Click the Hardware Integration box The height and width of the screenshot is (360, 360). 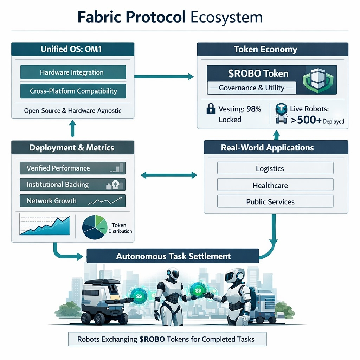pos(73,72)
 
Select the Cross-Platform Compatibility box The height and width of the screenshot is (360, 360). pos(73,91)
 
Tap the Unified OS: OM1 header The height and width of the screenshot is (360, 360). pos(73,49)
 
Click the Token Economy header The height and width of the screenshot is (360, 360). pos(272,50)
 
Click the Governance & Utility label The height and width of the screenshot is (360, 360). pos(251,88)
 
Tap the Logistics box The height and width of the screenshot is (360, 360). pos(275,168)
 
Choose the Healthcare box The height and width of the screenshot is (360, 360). pos(275,185)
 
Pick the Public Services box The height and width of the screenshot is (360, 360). pos(275,201)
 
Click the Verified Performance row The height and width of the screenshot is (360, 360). pos(72,168)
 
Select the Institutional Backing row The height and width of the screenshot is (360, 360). pos(72,185)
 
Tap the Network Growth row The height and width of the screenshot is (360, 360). pos(72,201)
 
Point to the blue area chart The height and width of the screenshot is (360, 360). pos(45,225)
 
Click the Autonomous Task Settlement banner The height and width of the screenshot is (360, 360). pos(173,256)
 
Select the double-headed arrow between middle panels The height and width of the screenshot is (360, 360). pos(169,174)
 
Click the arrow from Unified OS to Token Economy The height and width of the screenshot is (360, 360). pos(164,76)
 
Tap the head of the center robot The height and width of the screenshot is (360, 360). pos(173,275)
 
